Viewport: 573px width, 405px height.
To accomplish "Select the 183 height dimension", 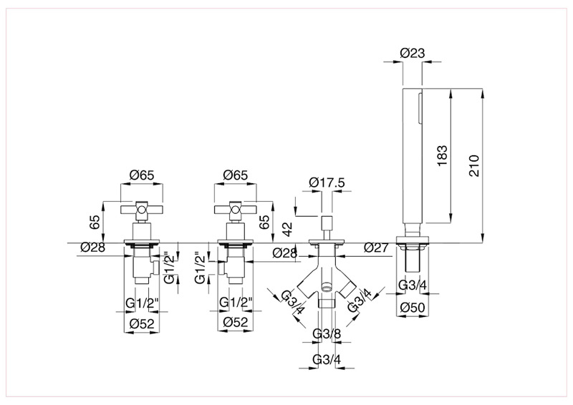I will click(x=442, y=156).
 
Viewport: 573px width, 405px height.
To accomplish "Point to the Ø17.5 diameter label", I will click(x=327, y=183).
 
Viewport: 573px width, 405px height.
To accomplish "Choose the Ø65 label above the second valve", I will click(x=236, y=175).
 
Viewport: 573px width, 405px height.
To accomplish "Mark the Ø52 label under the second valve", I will click(x=236, y=323).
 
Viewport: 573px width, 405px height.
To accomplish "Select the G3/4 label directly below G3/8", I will click(x=327, y=359).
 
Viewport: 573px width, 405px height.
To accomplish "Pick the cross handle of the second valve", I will click(x=236, y=209).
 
